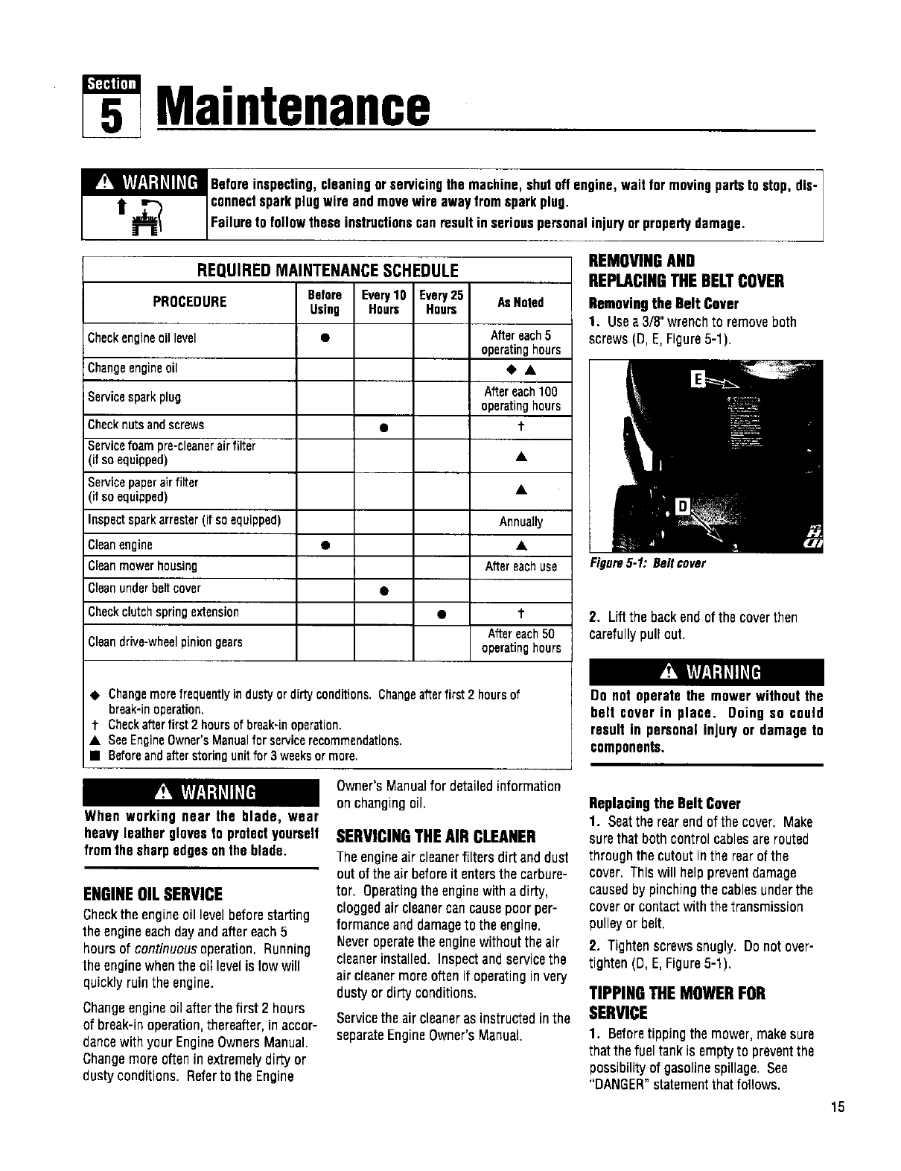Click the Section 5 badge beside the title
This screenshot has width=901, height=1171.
tap(112, 107)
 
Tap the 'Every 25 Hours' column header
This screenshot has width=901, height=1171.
tap(442, 302)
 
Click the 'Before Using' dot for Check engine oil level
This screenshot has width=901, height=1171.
tap(325, 338)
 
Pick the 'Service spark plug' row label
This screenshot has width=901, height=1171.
tap(134, 397)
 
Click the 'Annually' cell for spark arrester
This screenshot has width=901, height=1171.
tap(520, 521)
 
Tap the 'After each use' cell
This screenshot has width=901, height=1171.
tap(520, 566)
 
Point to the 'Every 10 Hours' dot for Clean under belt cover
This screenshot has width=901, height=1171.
tap(383, 591)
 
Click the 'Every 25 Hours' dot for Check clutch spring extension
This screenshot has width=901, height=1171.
tap(442, 614)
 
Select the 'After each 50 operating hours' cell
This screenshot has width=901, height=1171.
tap(520, 641)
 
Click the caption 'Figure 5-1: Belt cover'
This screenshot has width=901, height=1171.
tap(647, 563)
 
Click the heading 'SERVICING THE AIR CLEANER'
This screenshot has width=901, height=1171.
tap(436, 834)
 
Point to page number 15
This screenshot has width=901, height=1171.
tap(838, 1106)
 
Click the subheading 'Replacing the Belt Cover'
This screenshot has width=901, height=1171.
tap(664, 804)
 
